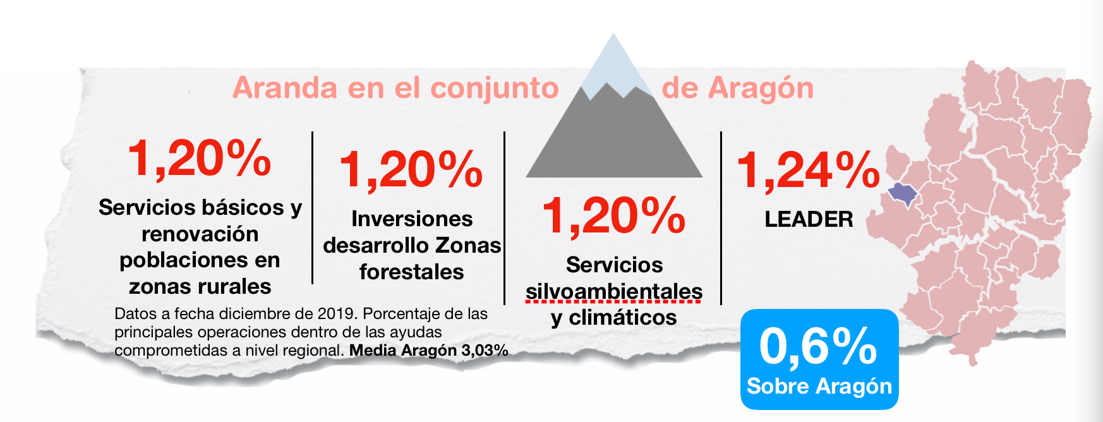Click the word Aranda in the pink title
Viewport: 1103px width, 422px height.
(285, 88)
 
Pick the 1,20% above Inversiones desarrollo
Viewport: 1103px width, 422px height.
(411, 169)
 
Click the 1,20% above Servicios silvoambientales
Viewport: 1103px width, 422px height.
(614, 215)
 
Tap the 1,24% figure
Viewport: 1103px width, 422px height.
(809, 169)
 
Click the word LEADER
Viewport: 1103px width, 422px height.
(809, 219)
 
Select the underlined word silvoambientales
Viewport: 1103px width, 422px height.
(614, 291)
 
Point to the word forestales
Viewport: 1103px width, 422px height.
(412, 272)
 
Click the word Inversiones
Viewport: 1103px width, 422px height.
(412, 219)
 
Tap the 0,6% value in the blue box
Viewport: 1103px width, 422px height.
(818, 346)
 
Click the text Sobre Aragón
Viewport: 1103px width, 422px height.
(819, 386)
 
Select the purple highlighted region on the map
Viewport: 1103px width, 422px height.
(902, 193)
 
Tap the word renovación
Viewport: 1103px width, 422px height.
(200, 234)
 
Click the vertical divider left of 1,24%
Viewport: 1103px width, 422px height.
(721, 219)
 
